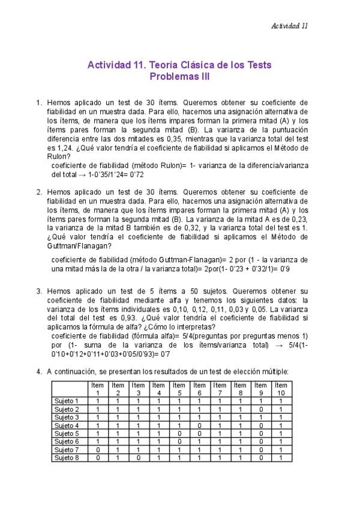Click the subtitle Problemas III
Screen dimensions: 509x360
[x=179, y=77]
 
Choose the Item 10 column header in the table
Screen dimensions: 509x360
[x=280, y=388]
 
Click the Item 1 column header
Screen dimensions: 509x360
[x=97, y=388]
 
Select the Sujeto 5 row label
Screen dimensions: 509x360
[x=67, y=433]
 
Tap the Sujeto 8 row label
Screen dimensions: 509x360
[x=67, y=457]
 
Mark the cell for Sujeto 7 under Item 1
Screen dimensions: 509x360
[x=97, y=449]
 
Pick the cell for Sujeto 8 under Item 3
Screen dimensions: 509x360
[x=138, y=457]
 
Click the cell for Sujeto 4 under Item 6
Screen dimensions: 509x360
[x=199, y=424]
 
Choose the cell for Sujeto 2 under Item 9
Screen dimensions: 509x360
[x=260, y=408]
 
